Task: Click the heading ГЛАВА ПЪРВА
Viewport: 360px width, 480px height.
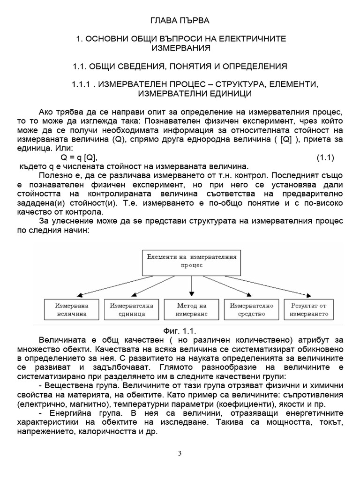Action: point(180,21)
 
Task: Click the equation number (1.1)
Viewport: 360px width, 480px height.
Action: point(324,157)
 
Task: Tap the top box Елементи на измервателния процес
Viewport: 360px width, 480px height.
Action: point(191,261)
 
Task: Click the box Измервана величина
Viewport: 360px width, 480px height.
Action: point(71,309)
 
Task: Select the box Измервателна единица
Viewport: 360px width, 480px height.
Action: point(131,309)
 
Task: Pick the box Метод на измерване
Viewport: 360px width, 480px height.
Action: point(191,309)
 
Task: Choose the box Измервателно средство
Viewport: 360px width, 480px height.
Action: point(251,309)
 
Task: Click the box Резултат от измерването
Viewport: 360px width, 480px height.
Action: point(309,309)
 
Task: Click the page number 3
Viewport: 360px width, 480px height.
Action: point(180,453)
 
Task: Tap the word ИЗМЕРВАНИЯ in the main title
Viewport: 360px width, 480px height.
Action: point(181,48)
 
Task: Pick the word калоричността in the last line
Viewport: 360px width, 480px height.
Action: point(115,431)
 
